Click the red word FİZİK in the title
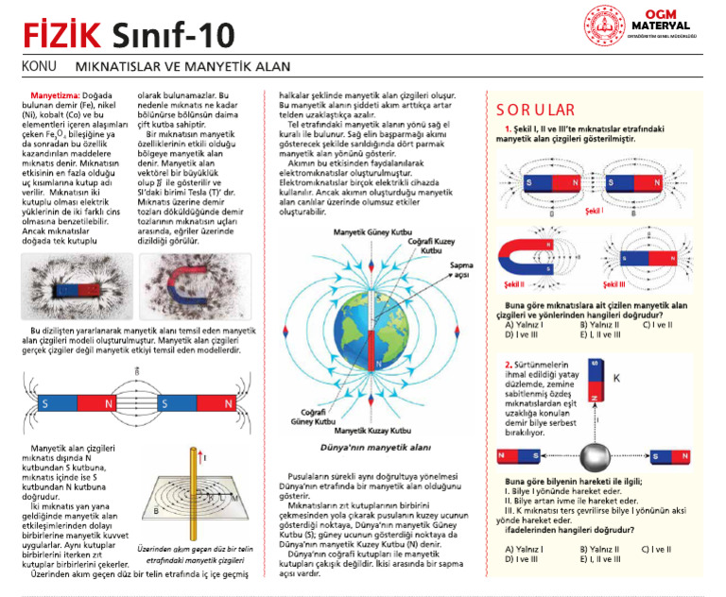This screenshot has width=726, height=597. pyautogui.click(x=54, y=36)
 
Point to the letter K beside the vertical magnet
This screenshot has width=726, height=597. pyautogui.click(x=617, y=377)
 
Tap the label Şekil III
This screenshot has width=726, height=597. pyautogui.click(x=619, y=281)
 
